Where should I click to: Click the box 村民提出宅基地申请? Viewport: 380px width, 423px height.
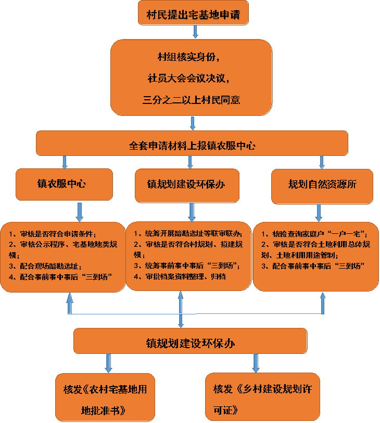193,12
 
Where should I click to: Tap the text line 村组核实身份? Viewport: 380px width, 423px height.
192,56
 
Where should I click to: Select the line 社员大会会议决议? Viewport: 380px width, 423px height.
192,78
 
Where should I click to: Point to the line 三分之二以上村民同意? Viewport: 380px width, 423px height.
192,100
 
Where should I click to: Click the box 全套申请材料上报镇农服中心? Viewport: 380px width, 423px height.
192,144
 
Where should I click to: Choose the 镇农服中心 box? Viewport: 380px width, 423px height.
64,184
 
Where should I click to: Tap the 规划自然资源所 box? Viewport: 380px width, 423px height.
322,184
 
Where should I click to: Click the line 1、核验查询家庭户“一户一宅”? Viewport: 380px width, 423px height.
314,234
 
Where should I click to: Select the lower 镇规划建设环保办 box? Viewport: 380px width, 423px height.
190,343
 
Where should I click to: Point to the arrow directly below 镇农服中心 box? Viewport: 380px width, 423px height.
80,211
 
